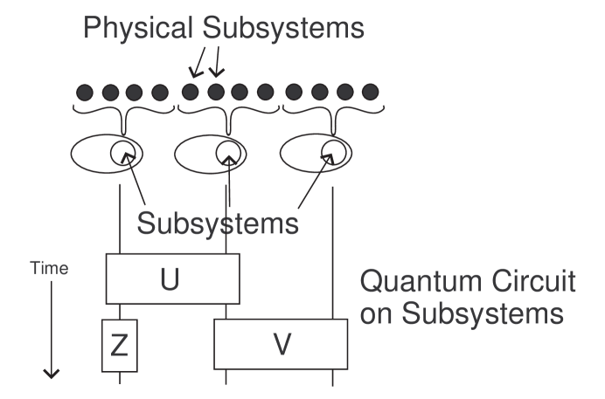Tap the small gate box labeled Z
pyautogui.click(x=120, y=346)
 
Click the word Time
pyautogui.click(x=50, y=269)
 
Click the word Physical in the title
pyautogui.click(x=139, y=30)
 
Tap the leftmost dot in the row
pyautogui.click(x=85, y=91)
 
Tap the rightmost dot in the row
pyautogui.click(x=370, y=91)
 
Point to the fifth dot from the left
pyautogui.click(x=191, y=91)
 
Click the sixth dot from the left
pyautogui.click(x=216, y=91)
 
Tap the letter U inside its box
pyautogui.click(x=170, y=280)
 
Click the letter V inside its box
pyautogui.click(x=282, y=344)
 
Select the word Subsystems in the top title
pyautogui.click(x=282, y=30)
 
